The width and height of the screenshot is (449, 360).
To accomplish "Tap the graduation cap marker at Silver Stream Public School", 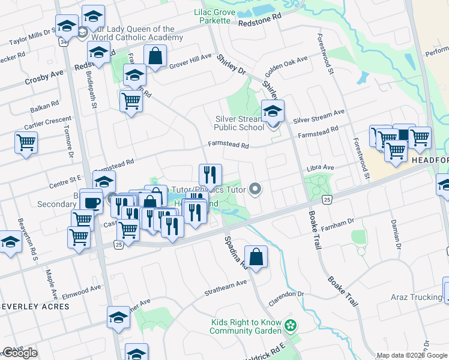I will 273,110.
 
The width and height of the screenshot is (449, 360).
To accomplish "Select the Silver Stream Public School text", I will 240,123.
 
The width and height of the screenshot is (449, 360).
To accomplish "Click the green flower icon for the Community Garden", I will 291,326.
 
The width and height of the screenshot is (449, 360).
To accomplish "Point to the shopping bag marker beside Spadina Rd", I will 256,257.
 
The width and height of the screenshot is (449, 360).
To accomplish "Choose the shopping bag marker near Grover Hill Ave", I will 155,56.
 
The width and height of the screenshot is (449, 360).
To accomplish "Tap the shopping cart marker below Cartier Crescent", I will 26,143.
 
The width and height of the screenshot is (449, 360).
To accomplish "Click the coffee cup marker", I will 92,203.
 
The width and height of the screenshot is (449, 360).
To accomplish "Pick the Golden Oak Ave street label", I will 286,66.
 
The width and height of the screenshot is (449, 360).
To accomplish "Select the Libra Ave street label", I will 320,167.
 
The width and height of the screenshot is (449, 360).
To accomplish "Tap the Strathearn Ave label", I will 225,284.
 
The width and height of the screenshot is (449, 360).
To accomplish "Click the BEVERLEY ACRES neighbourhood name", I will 35,306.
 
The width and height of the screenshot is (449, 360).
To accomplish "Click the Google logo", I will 20,353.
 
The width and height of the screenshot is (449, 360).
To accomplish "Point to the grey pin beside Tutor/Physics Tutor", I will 256,190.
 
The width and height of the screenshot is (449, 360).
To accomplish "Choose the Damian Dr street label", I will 397,233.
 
